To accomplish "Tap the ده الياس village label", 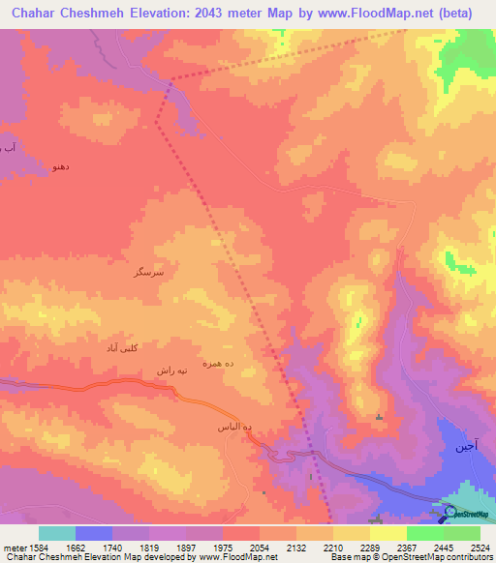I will [x=233, y=426].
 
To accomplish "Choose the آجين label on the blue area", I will [x=466, y=448].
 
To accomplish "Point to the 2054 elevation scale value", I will [x=260, y=547].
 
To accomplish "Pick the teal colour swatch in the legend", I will [x=57, y=533].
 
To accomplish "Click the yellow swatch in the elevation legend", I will [x=387, y=533].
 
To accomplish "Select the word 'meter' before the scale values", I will [x=13, y=547].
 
